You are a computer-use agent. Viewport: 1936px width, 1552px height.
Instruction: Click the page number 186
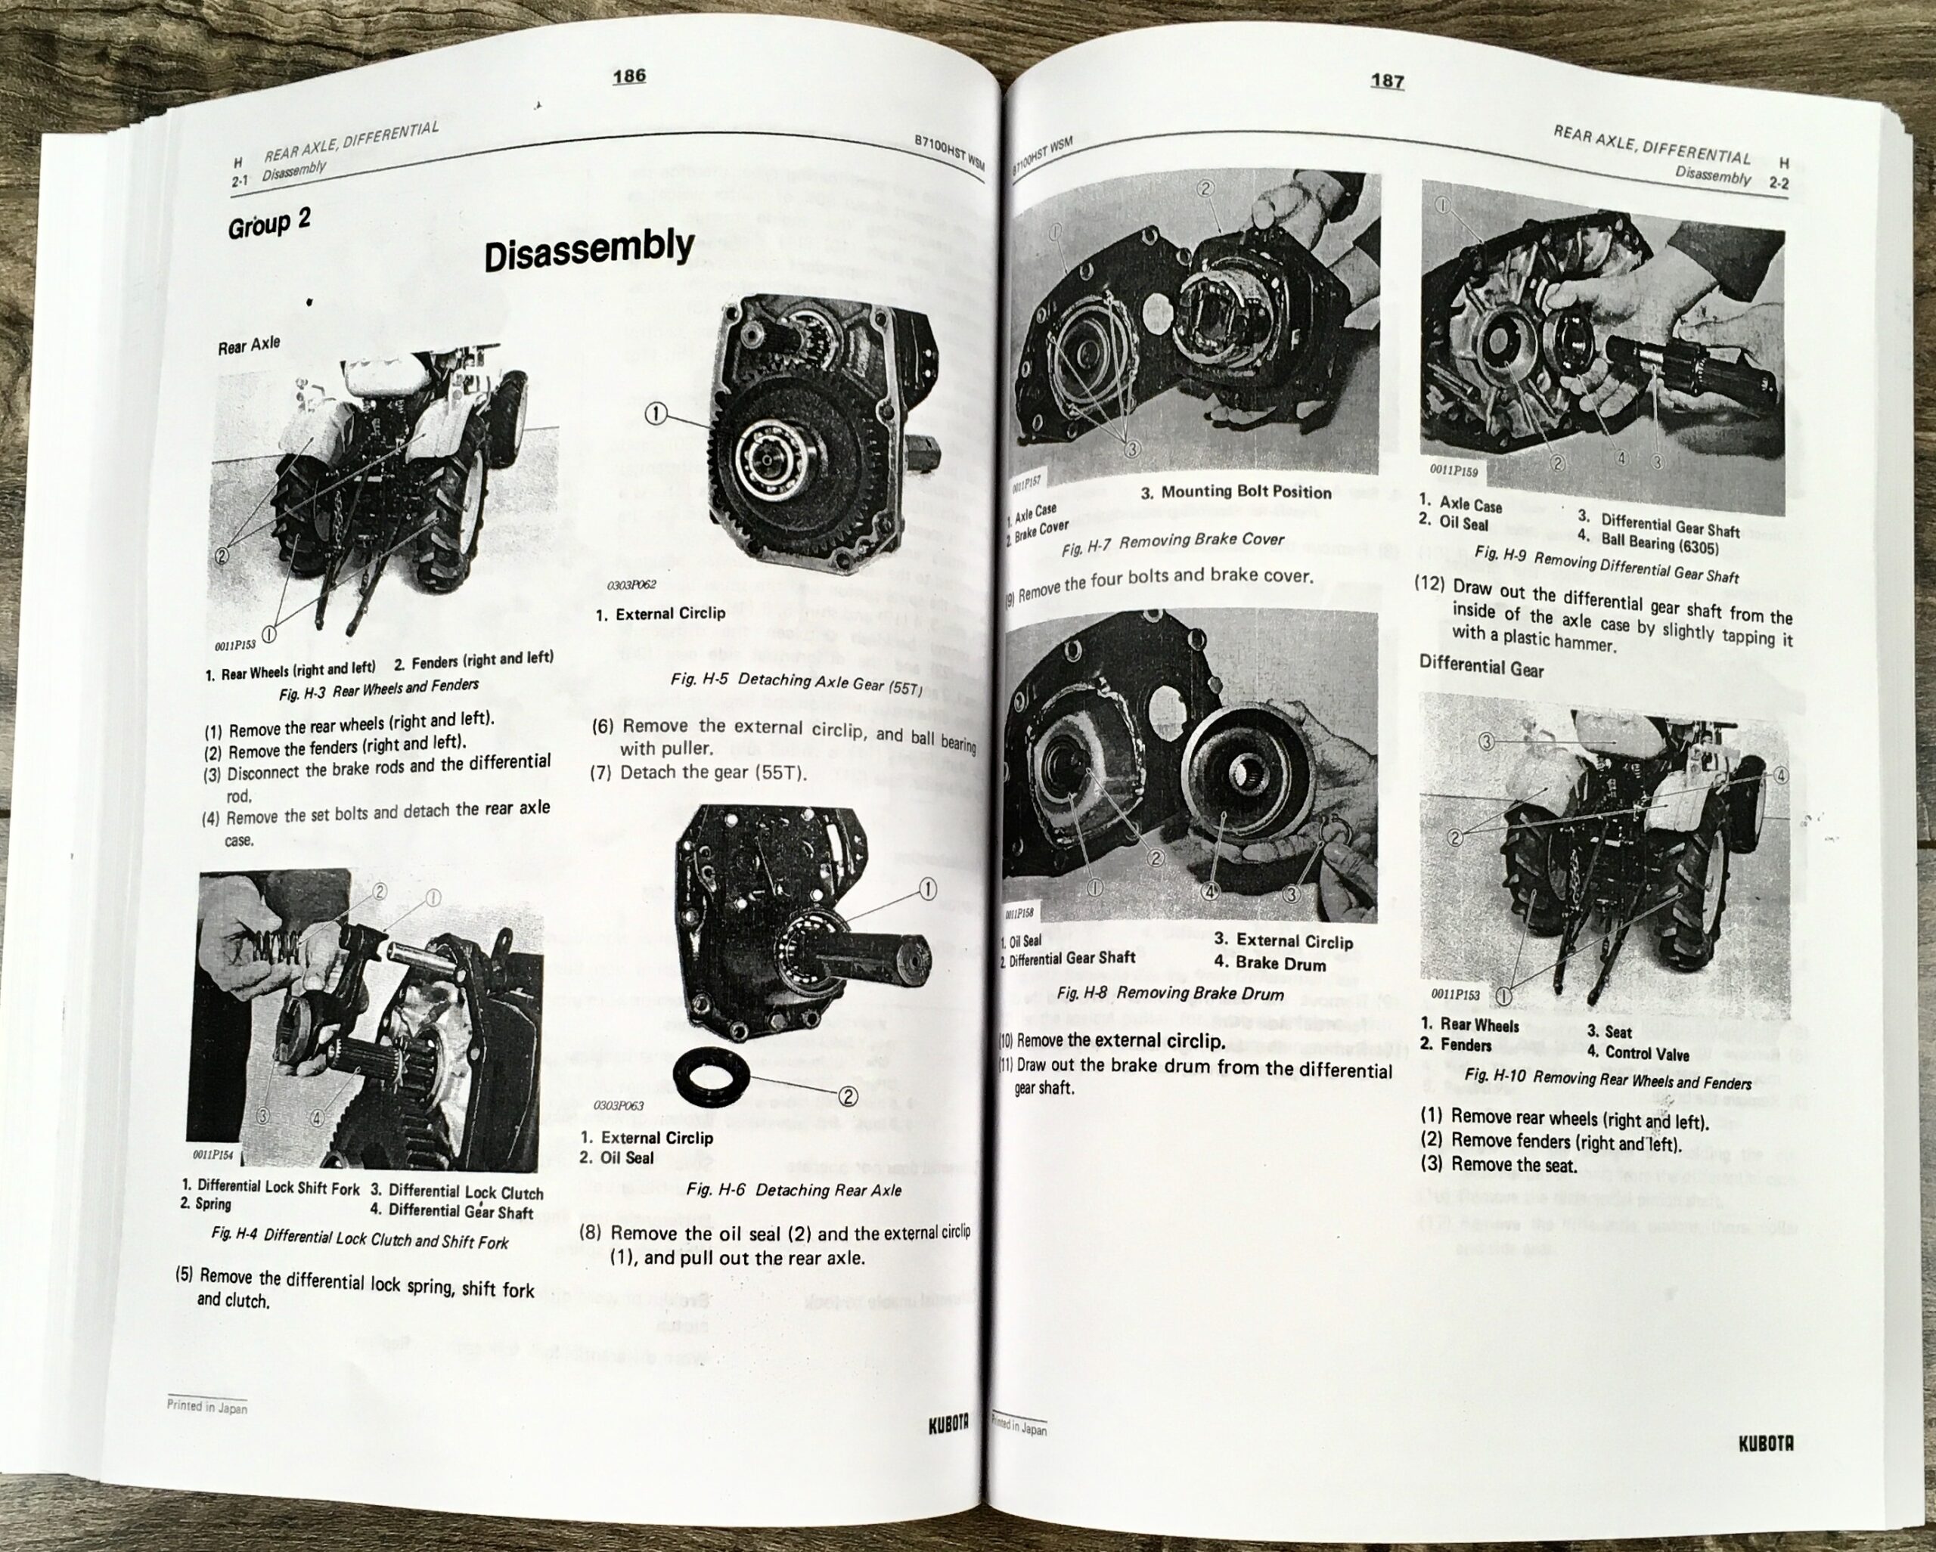click(x=628, y=76)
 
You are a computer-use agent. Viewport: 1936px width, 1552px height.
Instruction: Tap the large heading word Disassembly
click(x=589, y=249)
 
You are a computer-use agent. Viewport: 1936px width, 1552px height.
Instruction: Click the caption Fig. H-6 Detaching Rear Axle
click(x=793, y=1190)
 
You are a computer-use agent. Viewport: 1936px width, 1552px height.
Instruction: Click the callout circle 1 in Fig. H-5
click(x=656, y=413)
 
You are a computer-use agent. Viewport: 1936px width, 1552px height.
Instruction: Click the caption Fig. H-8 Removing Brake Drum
click(x=1170, y=993)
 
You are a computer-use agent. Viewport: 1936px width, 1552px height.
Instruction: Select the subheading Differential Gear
click(x=1481, y=667)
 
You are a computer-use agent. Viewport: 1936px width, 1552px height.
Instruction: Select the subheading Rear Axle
click(x=249, y=345)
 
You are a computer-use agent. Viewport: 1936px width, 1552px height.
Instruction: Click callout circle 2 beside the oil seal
click(x=847, y=1096)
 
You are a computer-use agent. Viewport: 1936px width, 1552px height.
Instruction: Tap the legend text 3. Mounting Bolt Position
click(x=1236, y=492)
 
